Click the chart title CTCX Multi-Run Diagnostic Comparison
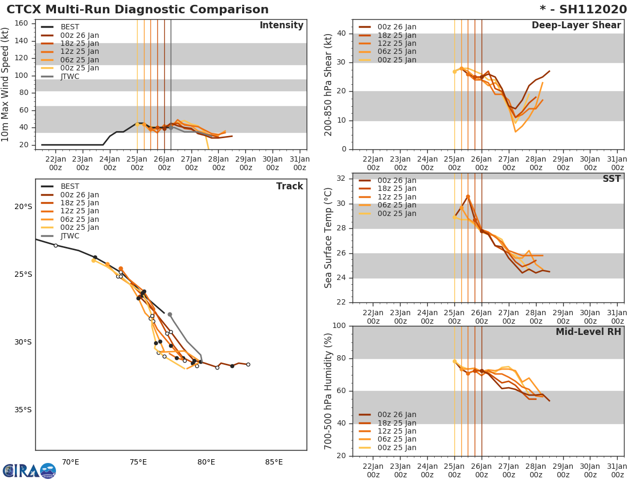(x=138, y=10)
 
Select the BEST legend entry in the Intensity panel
(x=69, y=27)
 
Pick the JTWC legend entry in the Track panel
(x=69, y=236)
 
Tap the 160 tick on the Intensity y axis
(x=23, y=23)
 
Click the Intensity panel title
(x=281, y=26)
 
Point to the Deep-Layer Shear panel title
(x=576, y=26)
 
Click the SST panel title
(x=611, y=179)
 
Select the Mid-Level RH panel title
(x=588, y=332)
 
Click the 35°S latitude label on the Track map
(x=23, y=410)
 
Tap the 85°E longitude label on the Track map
(x=274, y=462)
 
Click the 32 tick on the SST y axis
(x=340, y=179)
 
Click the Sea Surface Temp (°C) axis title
(x=329, y=238)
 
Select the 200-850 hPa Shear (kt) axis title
(x=329, y=84)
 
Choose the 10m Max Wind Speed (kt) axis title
(x=6, y=84)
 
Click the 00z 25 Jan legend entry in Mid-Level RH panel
(x=397, y=447)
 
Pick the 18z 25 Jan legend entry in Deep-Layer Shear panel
(x=397, y=35)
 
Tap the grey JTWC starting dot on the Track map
(x=170, y=315)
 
